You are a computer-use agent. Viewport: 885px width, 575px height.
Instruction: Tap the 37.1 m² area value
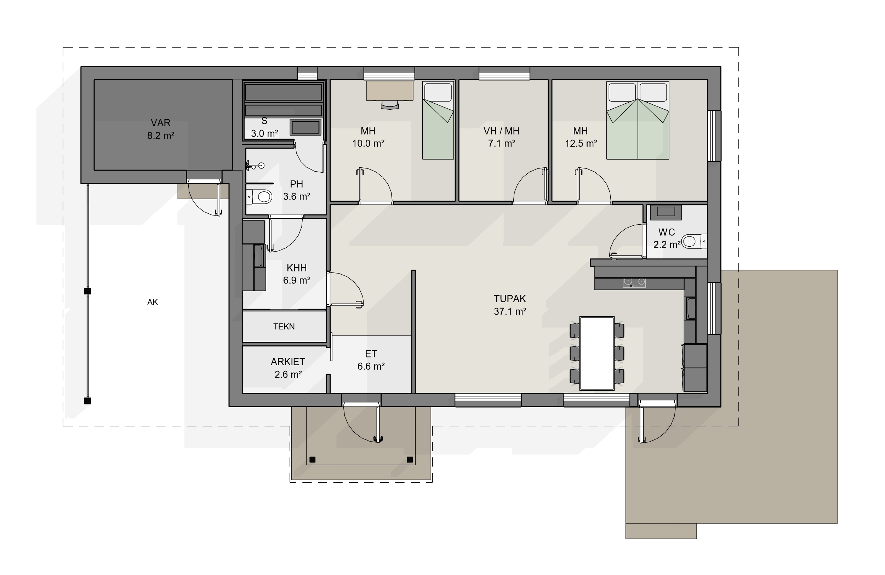coord(510,311)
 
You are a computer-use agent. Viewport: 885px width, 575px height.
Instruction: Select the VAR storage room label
coord(161,123)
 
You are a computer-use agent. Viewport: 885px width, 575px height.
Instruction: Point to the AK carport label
coord(153,302)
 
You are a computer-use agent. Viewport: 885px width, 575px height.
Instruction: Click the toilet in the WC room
coord(694,242)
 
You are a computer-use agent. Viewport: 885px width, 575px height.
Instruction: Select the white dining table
coord(597,353)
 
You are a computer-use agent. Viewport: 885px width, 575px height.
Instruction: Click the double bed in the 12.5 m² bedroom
coord(638,120)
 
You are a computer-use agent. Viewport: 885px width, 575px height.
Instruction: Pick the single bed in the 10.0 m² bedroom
coord(438,120)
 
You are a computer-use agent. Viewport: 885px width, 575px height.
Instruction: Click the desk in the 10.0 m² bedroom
coord(390,91)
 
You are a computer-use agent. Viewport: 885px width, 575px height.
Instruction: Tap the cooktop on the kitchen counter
coord(634,282)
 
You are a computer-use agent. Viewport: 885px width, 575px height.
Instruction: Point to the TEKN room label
coord(284,327)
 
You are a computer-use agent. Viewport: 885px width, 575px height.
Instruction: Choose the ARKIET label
coord(288,362)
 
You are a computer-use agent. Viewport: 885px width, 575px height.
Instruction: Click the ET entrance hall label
coord(371,354)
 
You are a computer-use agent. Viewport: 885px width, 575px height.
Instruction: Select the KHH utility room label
coord(297,268)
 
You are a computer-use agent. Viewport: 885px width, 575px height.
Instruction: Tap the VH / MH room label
coord(501,131)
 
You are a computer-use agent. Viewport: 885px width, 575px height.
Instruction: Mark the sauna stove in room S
coord(305,127)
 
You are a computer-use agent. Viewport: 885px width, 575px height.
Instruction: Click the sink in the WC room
coord(666,212)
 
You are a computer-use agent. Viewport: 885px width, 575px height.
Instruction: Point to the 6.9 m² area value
coord(297,280)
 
